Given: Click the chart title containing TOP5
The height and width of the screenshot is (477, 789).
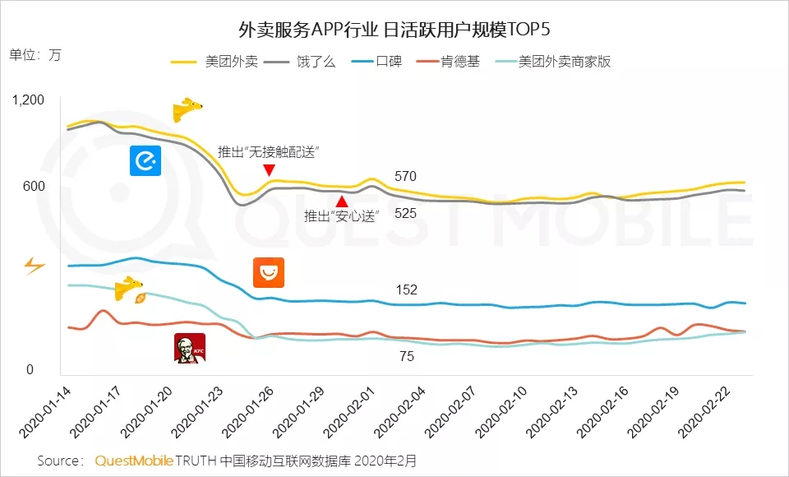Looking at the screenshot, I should click(x=394, y=31).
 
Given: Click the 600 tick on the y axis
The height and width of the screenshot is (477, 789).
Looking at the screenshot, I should click(x=34, y=187).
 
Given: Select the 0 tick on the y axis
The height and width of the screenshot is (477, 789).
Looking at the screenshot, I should click(x=30, y=370).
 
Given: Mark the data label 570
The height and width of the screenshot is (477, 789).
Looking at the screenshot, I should click(x=406, y=176).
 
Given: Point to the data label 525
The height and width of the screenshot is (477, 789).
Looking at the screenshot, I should click(x=406, y=213).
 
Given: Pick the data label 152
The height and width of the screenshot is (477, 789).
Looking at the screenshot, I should click(x=406, y=289).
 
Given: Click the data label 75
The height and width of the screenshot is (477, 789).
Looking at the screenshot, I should click(x=406, y=357).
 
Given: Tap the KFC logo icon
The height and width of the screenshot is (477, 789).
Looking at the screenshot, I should click(x=190, y=348).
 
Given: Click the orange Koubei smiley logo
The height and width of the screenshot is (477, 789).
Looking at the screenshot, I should click(x=268, y=272).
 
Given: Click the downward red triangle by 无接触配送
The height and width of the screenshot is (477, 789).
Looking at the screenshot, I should click(x=269, y=170).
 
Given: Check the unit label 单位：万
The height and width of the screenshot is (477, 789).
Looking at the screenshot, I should click(x=35, y=55).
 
